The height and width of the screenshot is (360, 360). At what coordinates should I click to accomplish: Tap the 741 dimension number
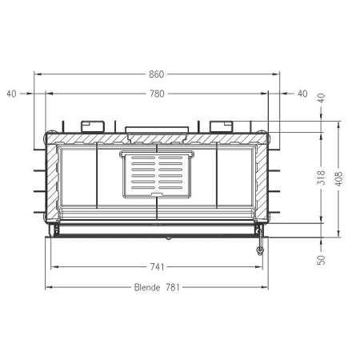(157, 266)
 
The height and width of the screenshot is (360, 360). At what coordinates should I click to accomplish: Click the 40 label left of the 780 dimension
(11, 94)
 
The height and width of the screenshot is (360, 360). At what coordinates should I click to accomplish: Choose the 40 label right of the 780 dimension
(302, 94)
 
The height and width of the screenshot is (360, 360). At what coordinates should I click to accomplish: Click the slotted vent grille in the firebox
(158, 174)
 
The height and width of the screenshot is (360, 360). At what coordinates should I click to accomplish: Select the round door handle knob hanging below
(260, 249)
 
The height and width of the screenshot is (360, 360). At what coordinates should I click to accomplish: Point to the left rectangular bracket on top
(93, 126)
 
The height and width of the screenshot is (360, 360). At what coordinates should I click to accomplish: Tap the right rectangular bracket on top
(221, 126)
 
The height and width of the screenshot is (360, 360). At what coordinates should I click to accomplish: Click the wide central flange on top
(158, 129)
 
